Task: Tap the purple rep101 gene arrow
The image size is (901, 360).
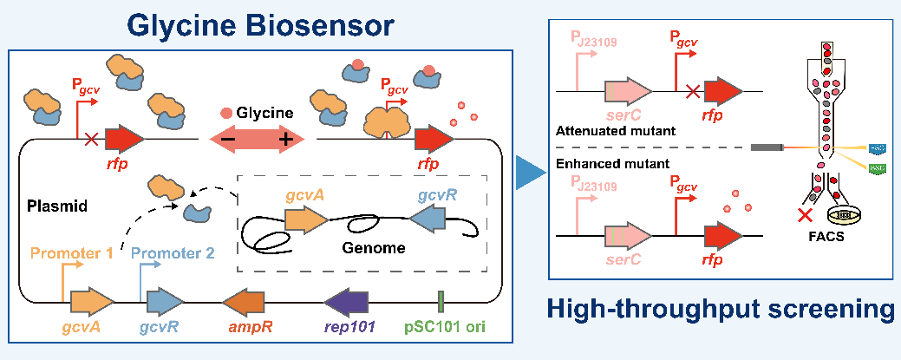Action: (x=347, y=302)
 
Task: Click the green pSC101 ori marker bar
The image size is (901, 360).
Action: (x=441, y=302)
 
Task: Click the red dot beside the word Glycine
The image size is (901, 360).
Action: (x=227, y=113)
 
